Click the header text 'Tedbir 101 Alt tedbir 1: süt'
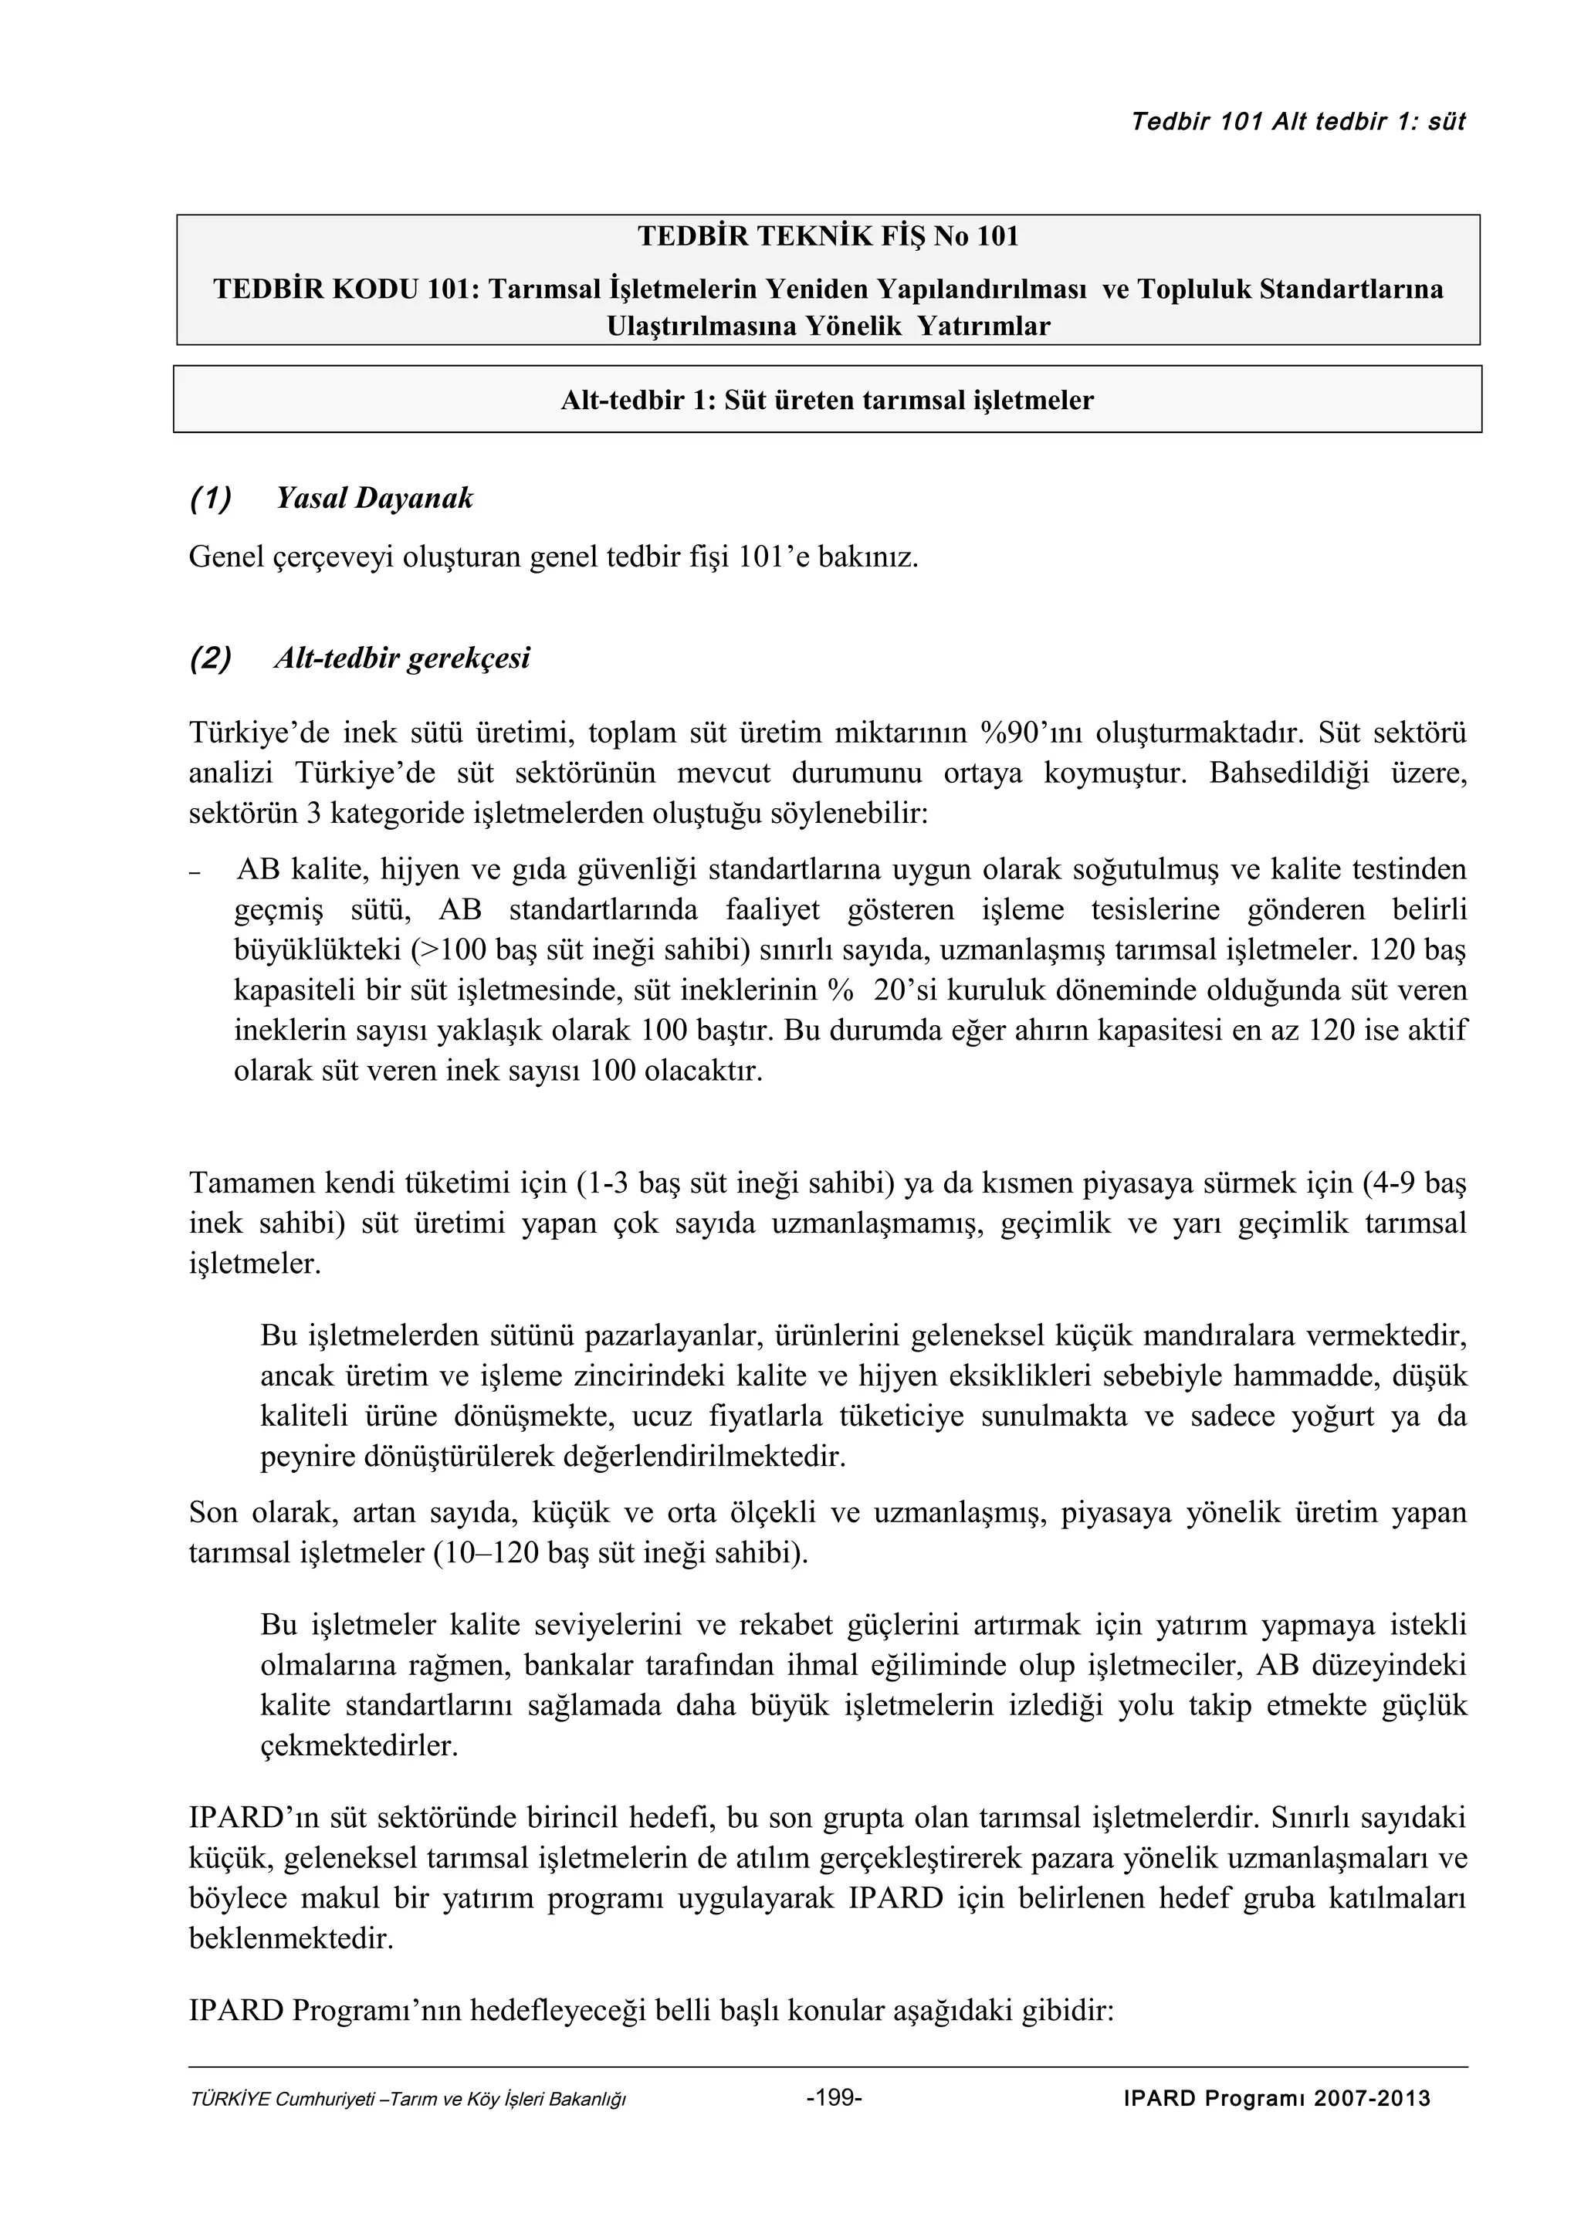pos(1298,122)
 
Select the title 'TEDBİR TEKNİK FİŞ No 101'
pos(828,237)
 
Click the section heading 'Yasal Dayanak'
pos(374,499)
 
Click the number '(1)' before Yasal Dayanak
pos(211,499)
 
